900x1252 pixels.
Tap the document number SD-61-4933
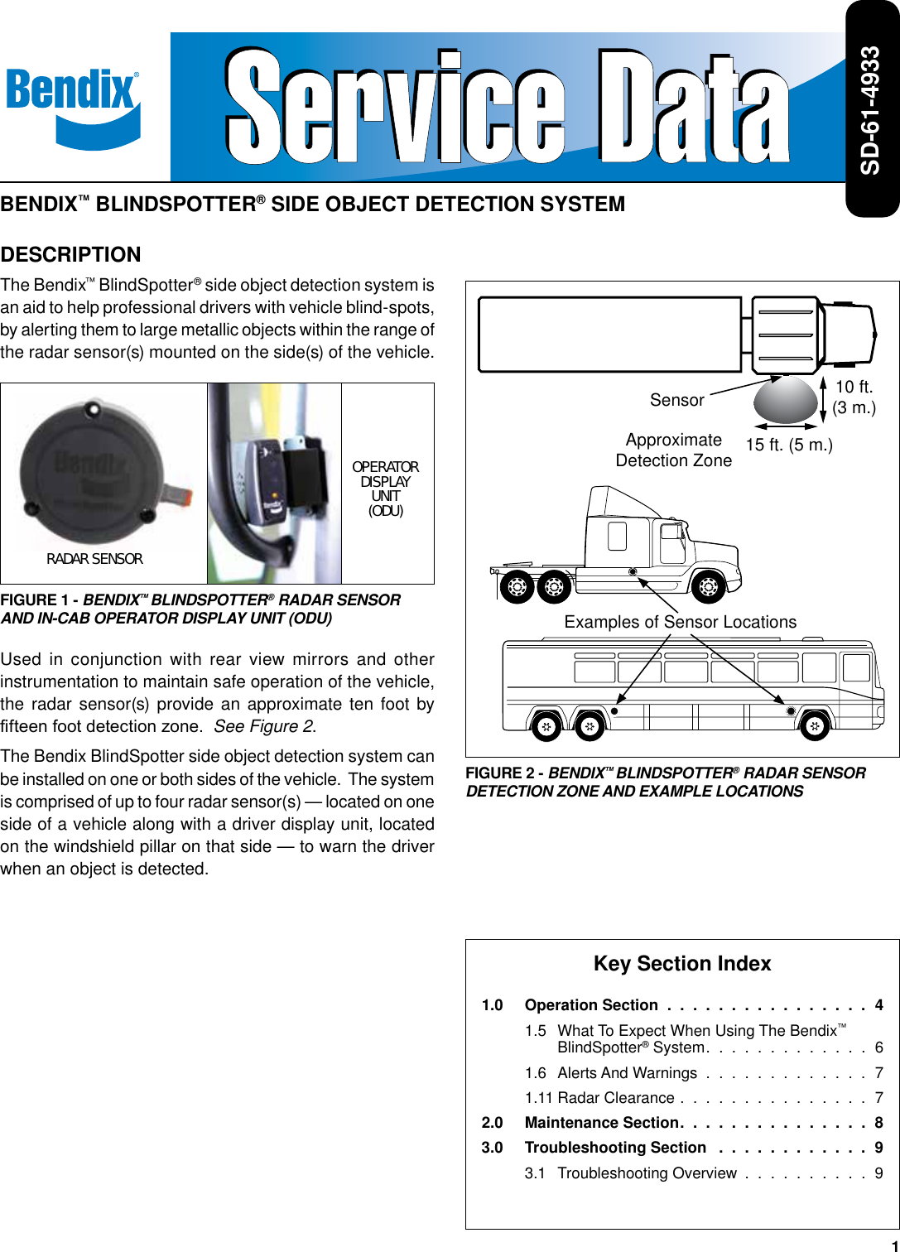(871, 109)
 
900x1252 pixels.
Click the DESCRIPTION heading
(70, 254)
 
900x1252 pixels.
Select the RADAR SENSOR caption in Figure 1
(94, 559)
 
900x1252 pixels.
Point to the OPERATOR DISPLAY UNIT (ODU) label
(386, 489)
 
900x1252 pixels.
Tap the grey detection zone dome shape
(785, 402)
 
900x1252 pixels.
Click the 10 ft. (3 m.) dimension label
(854, 397)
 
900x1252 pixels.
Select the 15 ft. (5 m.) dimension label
(789, 445)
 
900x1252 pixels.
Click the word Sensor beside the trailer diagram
(676, 400)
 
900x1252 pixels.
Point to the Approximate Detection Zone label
(673, 450)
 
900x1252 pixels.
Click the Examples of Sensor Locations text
(680, 622)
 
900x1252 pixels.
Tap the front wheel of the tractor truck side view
(708, 587)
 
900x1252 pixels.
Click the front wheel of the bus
(815, 726)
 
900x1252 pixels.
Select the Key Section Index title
(681, 963)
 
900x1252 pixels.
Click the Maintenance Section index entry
(602, 1122)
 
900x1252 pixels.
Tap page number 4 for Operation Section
(878, 1004)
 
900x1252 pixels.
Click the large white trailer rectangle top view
(609, 335)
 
